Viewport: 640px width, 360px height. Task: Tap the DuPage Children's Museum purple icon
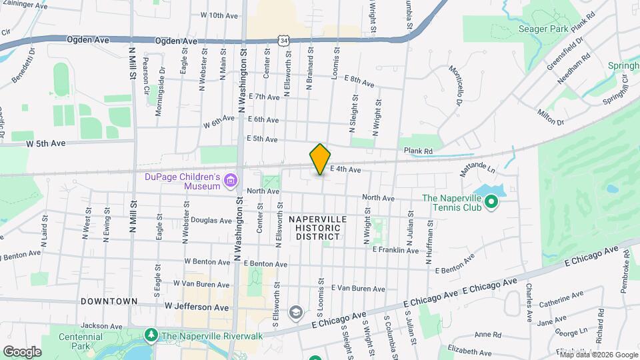click(231, 179)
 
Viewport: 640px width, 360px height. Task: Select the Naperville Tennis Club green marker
click(491, 201)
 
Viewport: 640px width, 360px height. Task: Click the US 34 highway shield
click(285, 41)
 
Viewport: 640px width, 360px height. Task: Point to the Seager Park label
click(543, 29)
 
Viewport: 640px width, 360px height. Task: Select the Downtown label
click(109, 301)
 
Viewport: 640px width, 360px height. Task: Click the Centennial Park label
click(80, 341)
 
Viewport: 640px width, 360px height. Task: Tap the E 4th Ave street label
click(345, 170)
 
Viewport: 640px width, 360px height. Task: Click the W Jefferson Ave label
click(197, 307)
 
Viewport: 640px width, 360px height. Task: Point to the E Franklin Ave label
click(395, 250)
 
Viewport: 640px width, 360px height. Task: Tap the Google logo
click(22, 351)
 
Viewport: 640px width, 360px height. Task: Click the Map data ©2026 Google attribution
click(597, 353)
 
